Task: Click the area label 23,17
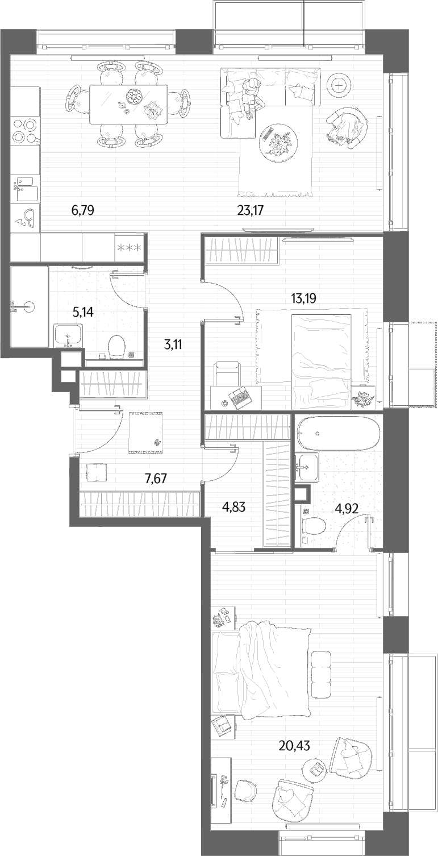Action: (x=251, y=210)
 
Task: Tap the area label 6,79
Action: (x=82, y=210)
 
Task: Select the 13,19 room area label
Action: (x=303, y=298)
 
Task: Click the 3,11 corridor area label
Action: (x=173, y=345)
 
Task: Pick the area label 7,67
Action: (x=156, y=478)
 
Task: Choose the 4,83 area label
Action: (x=233, y=507)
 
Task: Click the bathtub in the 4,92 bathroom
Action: (x=339, y=434)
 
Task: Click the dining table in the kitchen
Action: (x=128, y=105)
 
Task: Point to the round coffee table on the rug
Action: (x=277, y=140)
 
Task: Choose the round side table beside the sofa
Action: (x=339, y=86)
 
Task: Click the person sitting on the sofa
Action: (x=250, y=98)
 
